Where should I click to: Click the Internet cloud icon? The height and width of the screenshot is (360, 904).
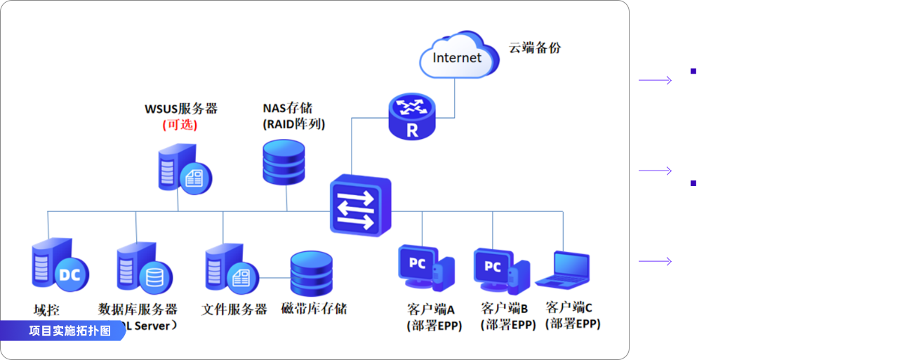click(x=458, y=56)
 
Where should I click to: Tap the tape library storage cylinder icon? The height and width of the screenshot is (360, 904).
click(x=311, y=274)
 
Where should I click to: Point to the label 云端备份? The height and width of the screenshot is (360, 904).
click(x=535, y=48)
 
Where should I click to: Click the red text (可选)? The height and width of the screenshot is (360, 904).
click(x=180, y=125)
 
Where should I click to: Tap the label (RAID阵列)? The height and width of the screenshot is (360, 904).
click(x=294, y=124)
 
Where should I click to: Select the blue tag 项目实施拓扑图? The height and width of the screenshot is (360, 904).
click(x=69, y=331)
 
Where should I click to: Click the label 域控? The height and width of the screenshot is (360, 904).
click(x=47, y=310)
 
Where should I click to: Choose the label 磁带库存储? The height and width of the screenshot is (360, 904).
click(x=313, y=309)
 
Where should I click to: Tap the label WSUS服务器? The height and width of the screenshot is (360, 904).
click(x=181, y=109)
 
